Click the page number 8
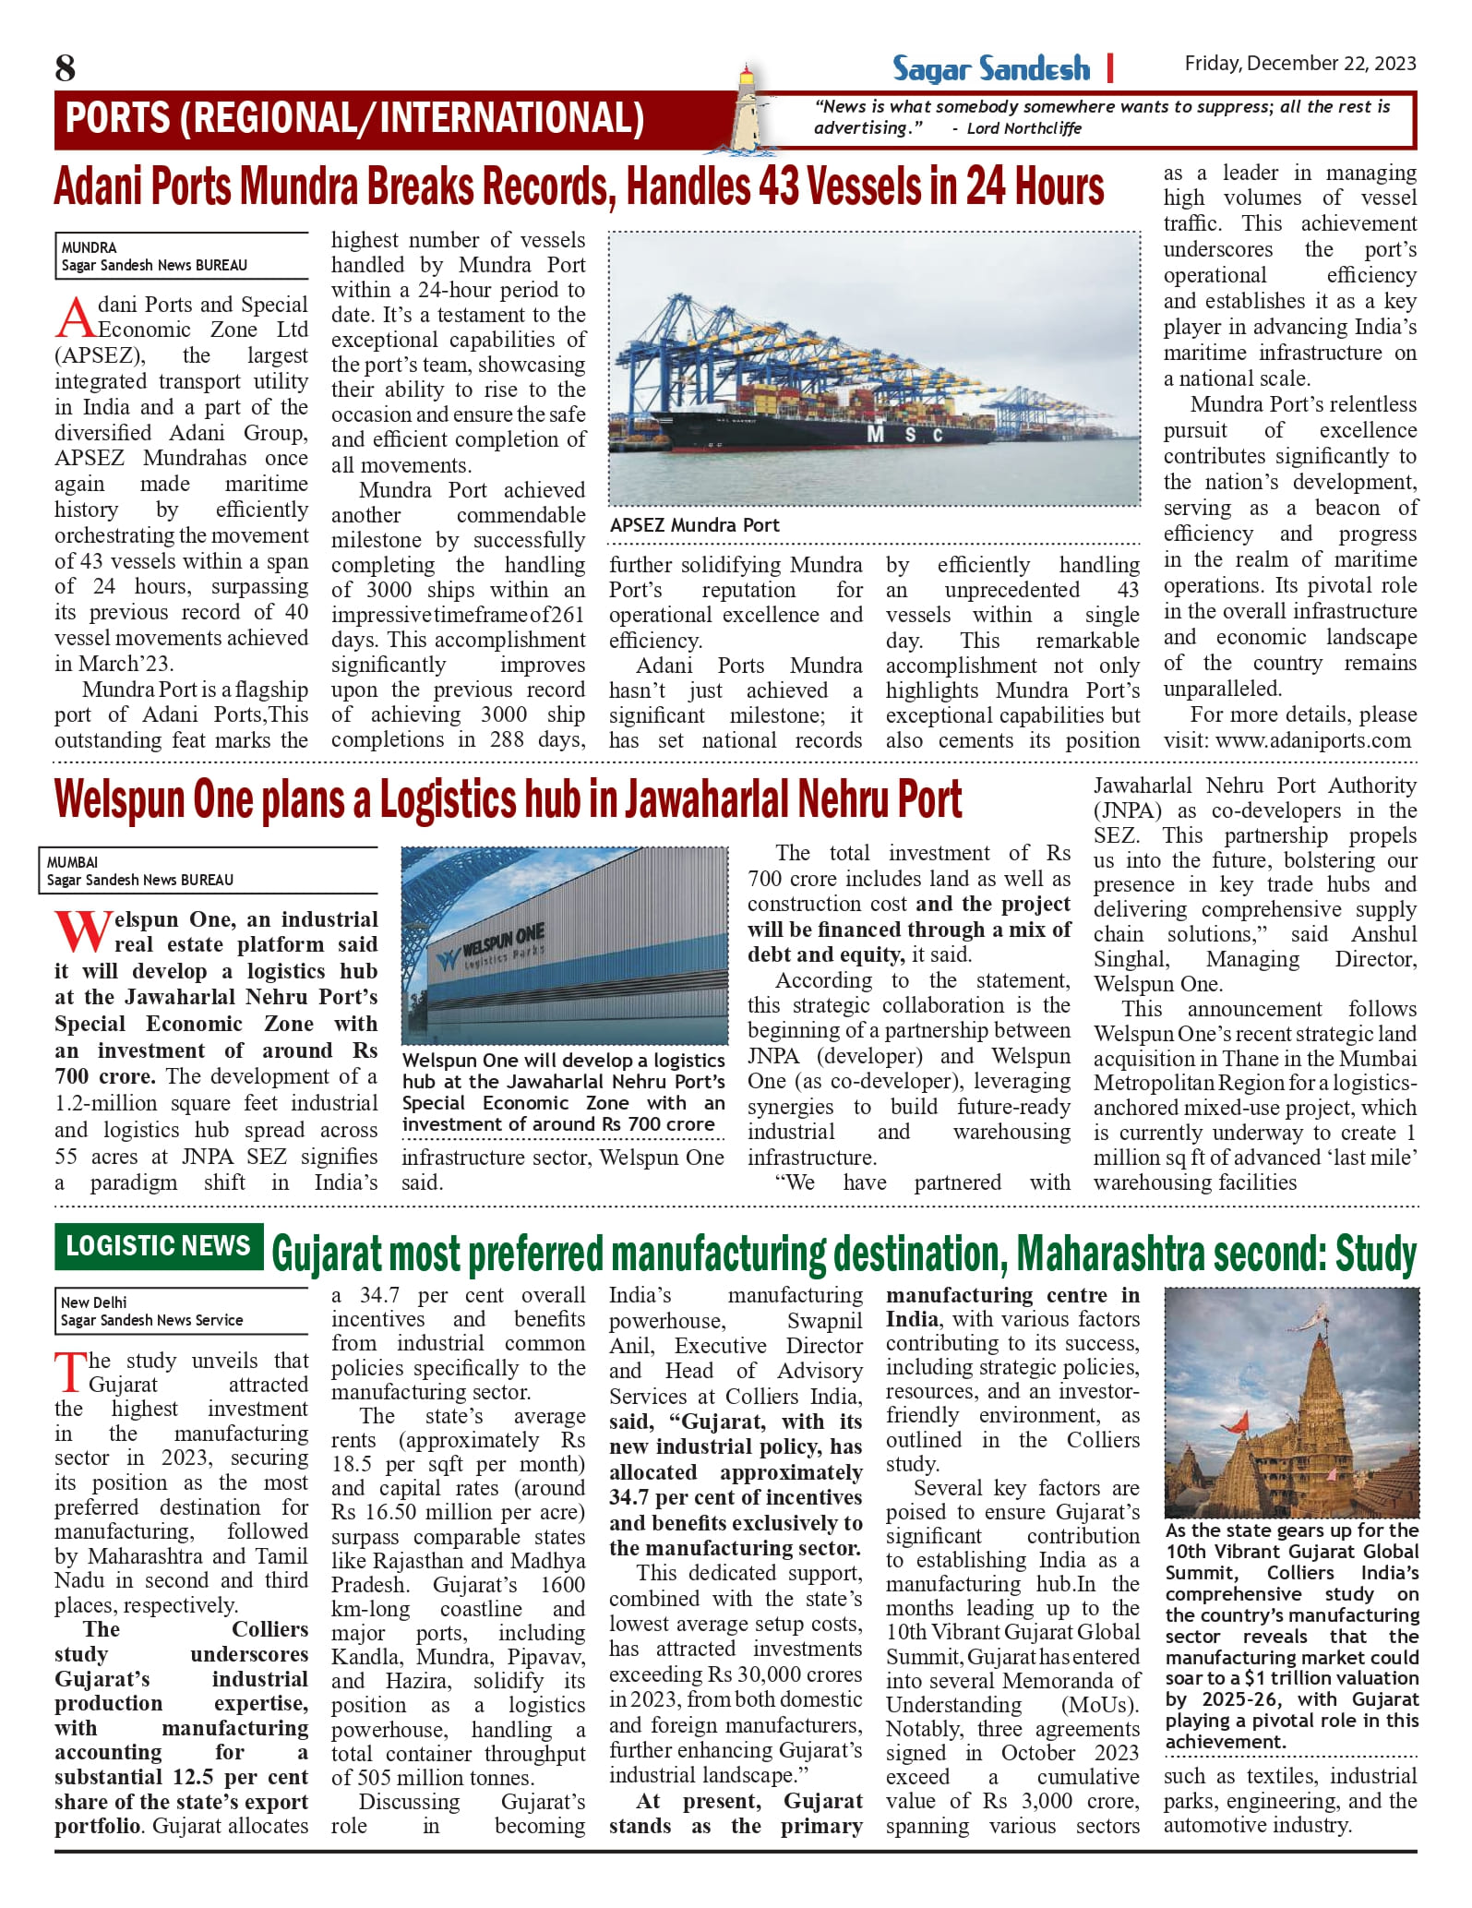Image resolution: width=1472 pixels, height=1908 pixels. pos(66,68)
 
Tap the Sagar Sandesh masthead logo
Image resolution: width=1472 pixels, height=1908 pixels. pos(990,68)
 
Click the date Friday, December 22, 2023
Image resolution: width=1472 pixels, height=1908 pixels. pos(1299,64)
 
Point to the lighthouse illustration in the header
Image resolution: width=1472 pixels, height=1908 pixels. pos(752,108)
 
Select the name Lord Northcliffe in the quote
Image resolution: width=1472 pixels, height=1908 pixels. pos(1023,128)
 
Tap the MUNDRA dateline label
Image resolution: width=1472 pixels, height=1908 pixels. pos(89,247)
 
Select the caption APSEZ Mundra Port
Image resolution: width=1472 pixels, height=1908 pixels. pos(694,525)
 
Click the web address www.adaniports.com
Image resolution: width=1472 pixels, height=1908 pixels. pos(1312,740)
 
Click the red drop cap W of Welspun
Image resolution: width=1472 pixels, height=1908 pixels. pos(81,932)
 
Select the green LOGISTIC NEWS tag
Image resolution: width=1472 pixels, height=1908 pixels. pos(158,1246)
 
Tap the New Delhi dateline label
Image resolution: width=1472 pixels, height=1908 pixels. pos(93,1302)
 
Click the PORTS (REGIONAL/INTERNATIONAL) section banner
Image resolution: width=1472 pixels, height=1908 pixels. pos(355,119)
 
